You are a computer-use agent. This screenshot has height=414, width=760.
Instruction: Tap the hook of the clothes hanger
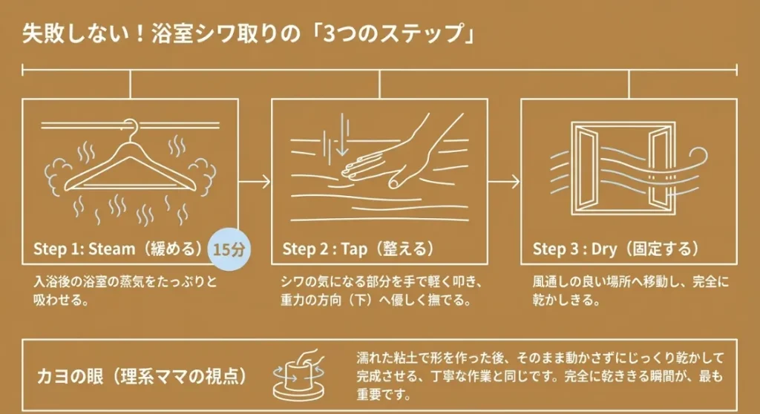(x=131, y=128)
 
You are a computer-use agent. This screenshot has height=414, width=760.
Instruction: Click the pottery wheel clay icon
(x=301, y=371)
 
